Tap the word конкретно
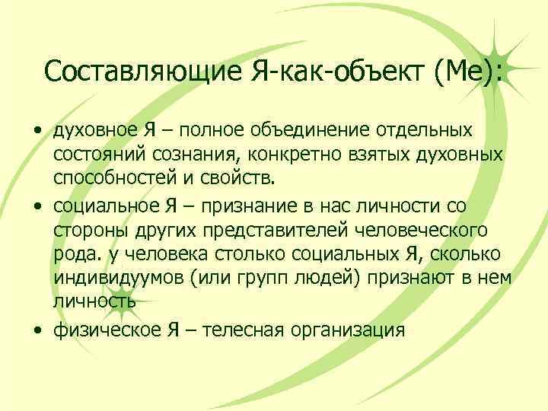tap(286, 155)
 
